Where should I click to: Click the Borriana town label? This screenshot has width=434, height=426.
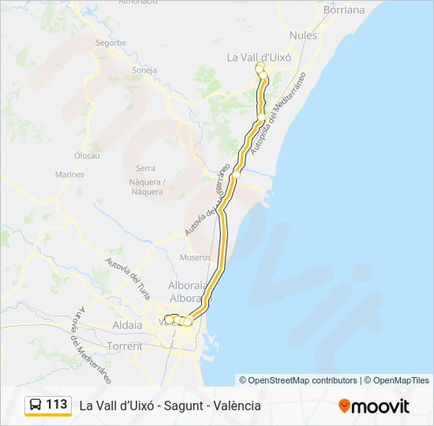click(x=344, y=10)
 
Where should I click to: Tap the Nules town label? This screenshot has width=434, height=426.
click(x=303, y=35)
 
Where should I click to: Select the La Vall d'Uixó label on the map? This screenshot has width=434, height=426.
click(x=260, y=57)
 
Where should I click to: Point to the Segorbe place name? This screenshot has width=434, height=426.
click(x=110, y=43)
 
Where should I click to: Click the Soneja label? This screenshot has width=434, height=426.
click(x=145, y=69)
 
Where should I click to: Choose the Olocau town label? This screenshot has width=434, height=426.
click(x=87, y=156)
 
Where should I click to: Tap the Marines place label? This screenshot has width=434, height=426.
click(x=69, y=174)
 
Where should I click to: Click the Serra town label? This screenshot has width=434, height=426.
click(x=145, y=168)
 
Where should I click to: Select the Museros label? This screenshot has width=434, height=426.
click(x=196, y=257)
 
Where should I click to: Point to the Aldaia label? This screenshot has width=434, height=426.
click(x=128, y=325)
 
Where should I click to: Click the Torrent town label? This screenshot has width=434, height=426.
click(x=125, y=346)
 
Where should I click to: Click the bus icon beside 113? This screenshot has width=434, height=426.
click(x=36, y=405)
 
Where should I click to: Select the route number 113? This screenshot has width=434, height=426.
click(x=57, y=405)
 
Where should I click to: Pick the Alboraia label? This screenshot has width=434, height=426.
click(x=188, y=285)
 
